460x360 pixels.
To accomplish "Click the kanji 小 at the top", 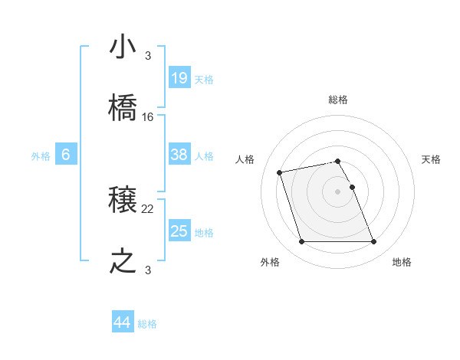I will [123, 47].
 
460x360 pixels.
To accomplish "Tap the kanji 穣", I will [123, 201].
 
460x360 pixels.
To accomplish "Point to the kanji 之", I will [123, 262].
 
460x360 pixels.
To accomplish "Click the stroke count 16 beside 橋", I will [148, 117].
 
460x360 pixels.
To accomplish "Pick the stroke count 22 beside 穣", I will [148, 208].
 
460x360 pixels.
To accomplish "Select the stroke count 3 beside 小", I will [147, 55].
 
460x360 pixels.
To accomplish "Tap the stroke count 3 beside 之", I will [147, 270].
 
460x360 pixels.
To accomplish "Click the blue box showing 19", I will [179, 78].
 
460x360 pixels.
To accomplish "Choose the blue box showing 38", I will [179, 155].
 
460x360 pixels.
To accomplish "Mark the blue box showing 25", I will [179, 231].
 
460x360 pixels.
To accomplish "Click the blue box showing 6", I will [66, 155].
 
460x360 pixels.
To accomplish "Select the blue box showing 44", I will [122, 322].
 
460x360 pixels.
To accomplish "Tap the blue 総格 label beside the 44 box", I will [147, 324].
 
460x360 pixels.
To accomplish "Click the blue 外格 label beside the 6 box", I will [41, 156].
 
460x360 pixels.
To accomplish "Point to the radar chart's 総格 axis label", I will [338, 100].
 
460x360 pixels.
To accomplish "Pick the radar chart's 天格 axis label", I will [432, 159].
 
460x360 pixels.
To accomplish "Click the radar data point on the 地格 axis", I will [373, 242].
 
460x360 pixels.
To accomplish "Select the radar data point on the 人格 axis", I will [280, 172].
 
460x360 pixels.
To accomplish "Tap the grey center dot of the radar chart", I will [338, 191].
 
